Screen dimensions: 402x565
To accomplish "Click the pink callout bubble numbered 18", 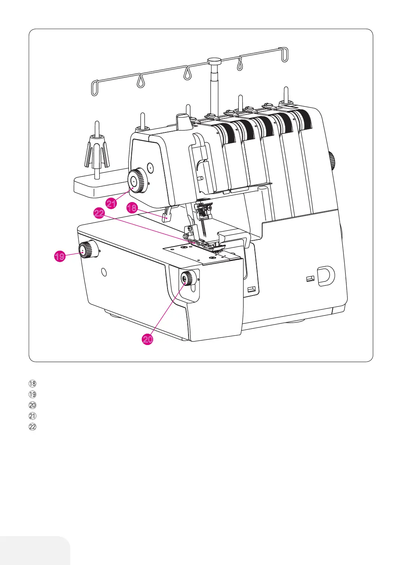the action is (x=132, y=208).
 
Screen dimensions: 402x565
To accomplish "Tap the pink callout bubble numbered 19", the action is (x=60, y=257).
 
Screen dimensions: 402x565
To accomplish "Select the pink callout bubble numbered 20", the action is (x=148, y=340).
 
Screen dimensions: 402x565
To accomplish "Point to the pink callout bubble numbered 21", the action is (x=112, y=203).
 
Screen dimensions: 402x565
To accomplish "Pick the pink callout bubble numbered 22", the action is (x=99, y=213).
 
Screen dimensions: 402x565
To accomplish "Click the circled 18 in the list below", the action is (x=33, y=384).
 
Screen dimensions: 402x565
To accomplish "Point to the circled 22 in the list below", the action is (x=33, y=427).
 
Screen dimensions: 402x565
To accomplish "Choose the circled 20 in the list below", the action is (x=33, y=405).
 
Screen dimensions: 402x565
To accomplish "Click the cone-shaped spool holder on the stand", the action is (x=96, y=152).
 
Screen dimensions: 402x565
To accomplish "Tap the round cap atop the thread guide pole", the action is (x=214, y=61).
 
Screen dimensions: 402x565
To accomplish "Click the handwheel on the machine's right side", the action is (x=332, y=161).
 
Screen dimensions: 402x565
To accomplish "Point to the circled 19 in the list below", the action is (x=33, y=394).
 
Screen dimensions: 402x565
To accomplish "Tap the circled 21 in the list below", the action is (x=33, y=416).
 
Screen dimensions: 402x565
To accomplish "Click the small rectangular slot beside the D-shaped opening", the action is (x=310, y=278).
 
